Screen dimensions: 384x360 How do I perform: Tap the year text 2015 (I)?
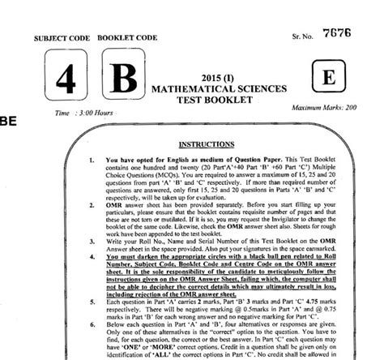click(x=212, y=75)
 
